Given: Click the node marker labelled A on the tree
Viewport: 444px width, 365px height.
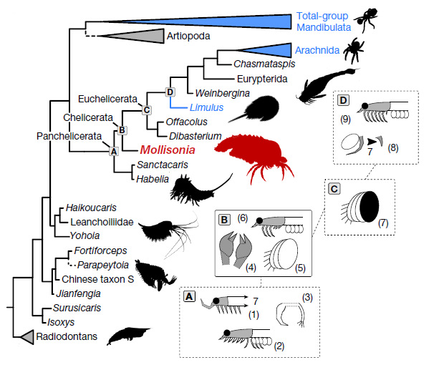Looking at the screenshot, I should pos(112,151).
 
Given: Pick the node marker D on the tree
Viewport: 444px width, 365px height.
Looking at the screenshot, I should pos(170,92).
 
